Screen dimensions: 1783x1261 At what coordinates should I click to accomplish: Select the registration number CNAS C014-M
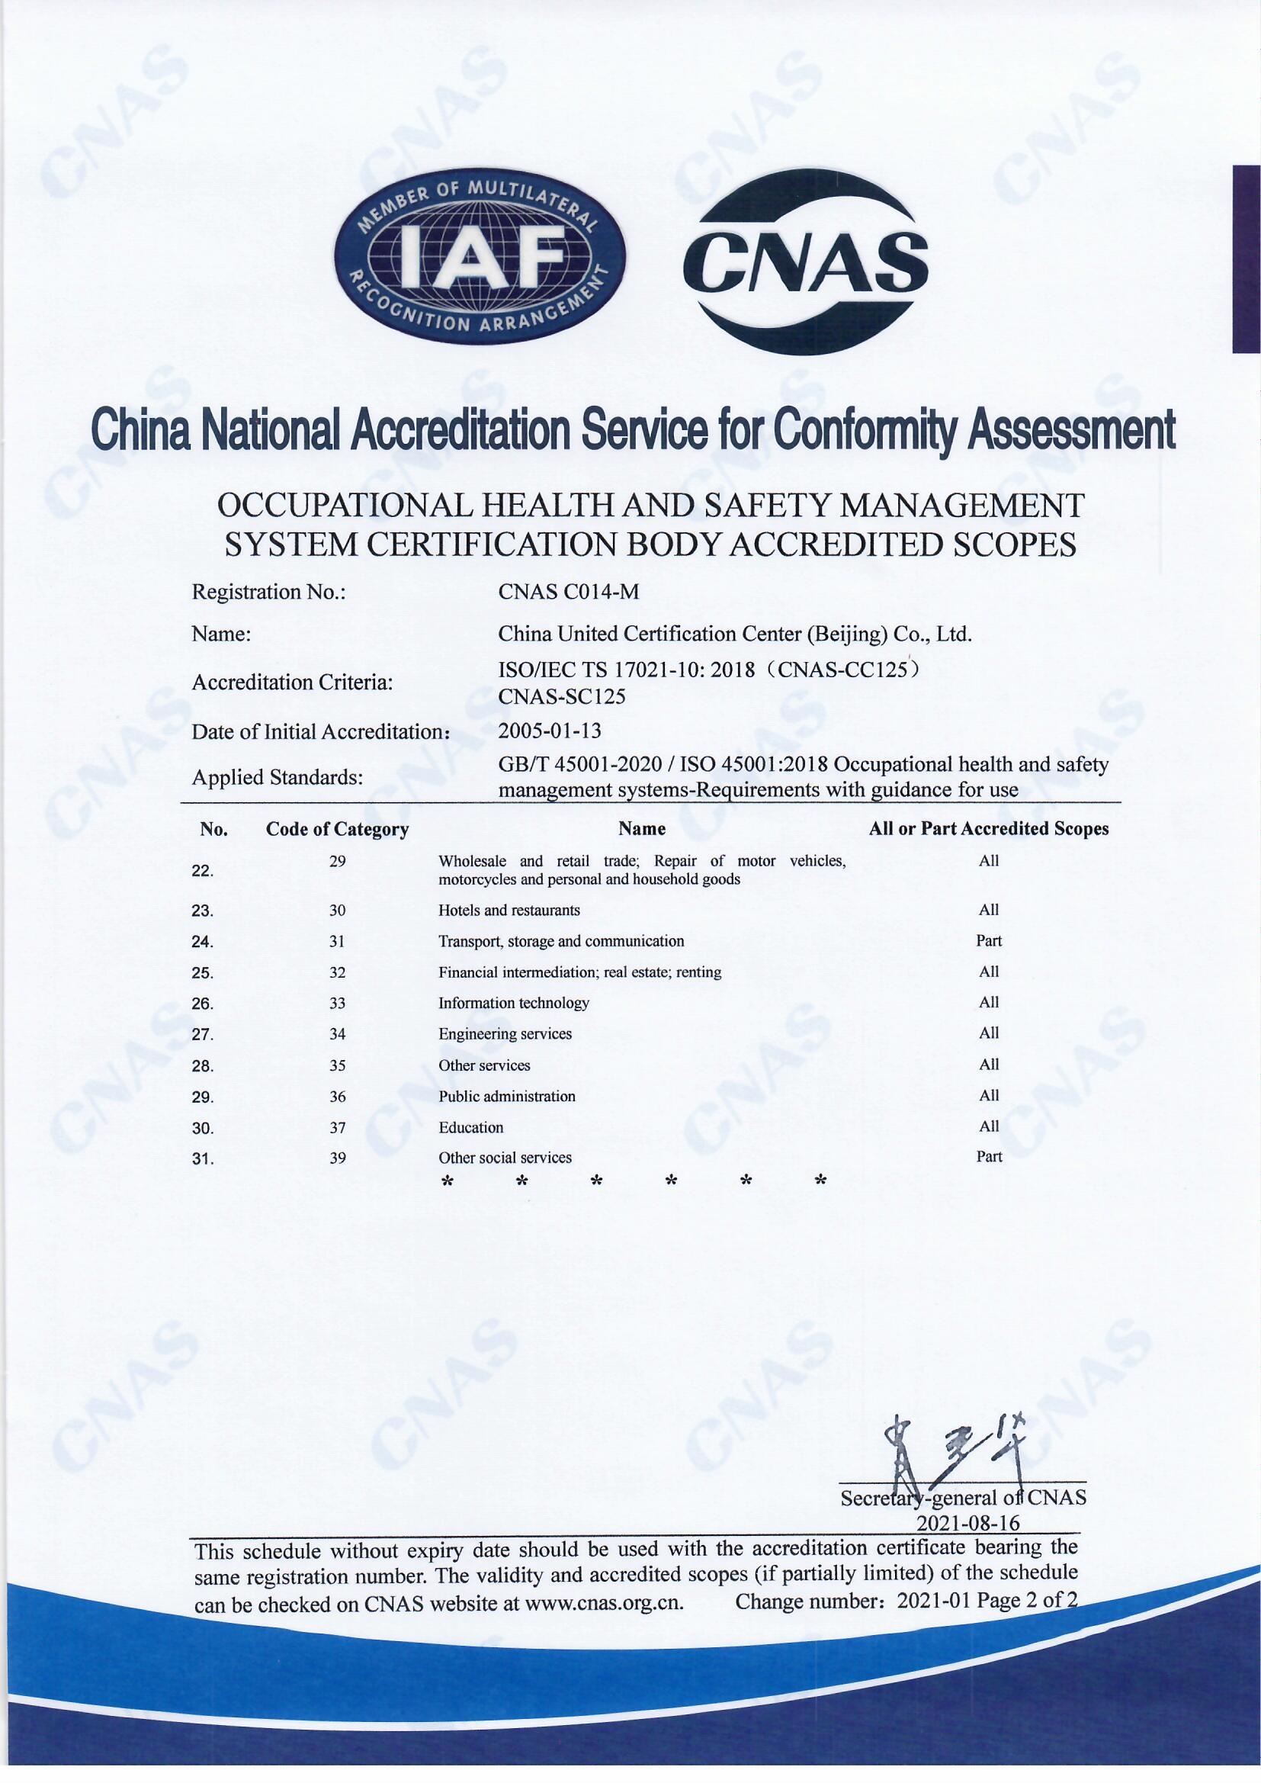pos(569,593)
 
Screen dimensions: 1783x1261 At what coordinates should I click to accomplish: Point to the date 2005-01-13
pos(549,731)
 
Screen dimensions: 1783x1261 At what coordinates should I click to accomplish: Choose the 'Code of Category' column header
pos(337,830)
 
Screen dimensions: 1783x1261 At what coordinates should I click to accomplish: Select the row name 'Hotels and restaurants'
pos(509,910)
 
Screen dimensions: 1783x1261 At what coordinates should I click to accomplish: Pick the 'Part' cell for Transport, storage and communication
pos(989,941)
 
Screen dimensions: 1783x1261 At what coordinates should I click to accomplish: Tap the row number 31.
pos(203,1159)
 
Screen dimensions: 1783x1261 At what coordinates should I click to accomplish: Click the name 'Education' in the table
pos(470,1128)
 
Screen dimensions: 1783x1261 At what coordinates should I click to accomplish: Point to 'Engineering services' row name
pos(505,1034)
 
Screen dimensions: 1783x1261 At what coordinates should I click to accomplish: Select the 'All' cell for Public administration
pos(989,1096)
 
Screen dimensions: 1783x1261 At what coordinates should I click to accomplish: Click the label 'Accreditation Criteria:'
pos(292,683)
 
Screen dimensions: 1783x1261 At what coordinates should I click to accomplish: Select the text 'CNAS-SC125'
pos(561,696)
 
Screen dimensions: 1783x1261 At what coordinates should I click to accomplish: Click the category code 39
pos(337,1158)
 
